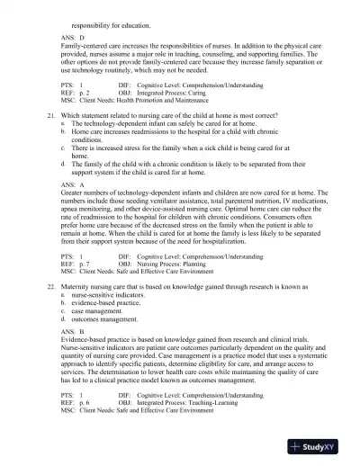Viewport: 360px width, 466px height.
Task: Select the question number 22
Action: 51,309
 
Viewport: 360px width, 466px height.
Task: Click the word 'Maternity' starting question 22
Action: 78,309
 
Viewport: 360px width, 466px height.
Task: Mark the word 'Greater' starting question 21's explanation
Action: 73,217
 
